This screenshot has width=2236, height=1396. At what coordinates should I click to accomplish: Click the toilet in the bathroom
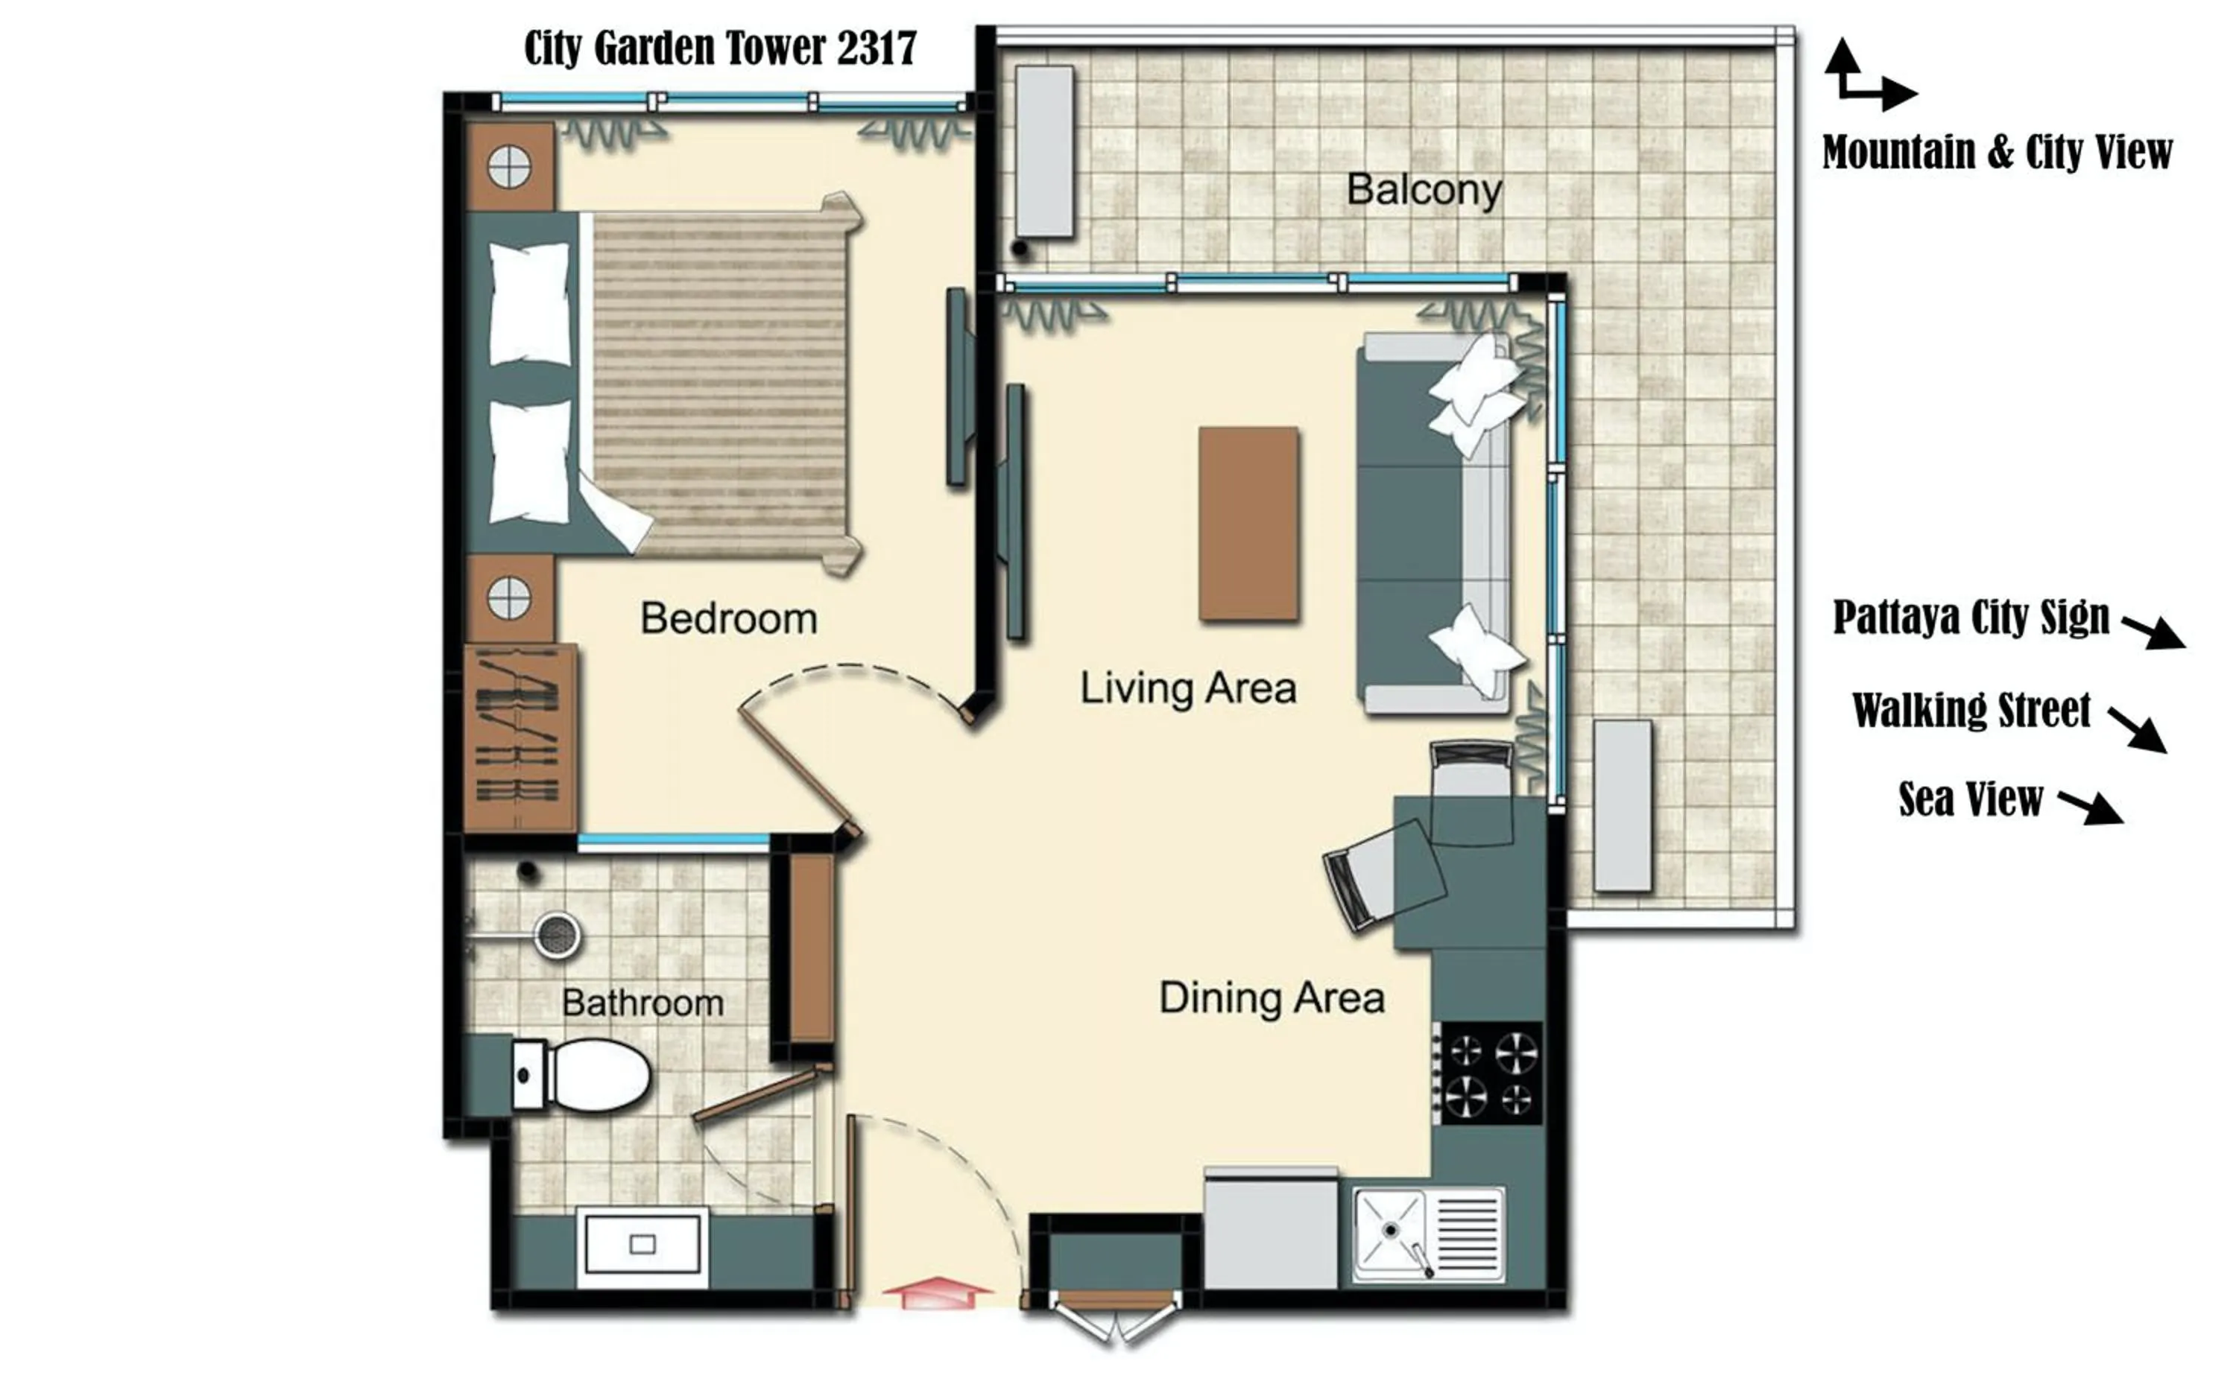[591, 1076]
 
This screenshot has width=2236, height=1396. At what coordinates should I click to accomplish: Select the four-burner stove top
[1491, 1073]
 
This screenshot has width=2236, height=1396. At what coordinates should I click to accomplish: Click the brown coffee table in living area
[1248, 523]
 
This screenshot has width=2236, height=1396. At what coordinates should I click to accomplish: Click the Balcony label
[1424, 189]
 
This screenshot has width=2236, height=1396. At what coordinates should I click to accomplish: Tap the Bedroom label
[729, 618]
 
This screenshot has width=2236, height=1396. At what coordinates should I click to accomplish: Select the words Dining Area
[1271, 998]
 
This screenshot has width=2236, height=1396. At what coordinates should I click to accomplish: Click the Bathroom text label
[642, 1003]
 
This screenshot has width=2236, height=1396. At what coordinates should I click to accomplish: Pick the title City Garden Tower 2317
[719, 48]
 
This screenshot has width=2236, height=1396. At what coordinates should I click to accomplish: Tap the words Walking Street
[1971, 710]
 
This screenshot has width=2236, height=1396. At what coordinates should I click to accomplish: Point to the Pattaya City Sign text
[1970, 617]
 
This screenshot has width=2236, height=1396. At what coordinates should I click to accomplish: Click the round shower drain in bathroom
[557, 936]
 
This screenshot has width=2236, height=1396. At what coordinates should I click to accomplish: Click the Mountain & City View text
[1997, 151]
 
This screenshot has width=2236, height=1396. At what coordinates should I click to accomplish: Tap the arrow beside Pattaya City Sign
[2152, 632]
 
